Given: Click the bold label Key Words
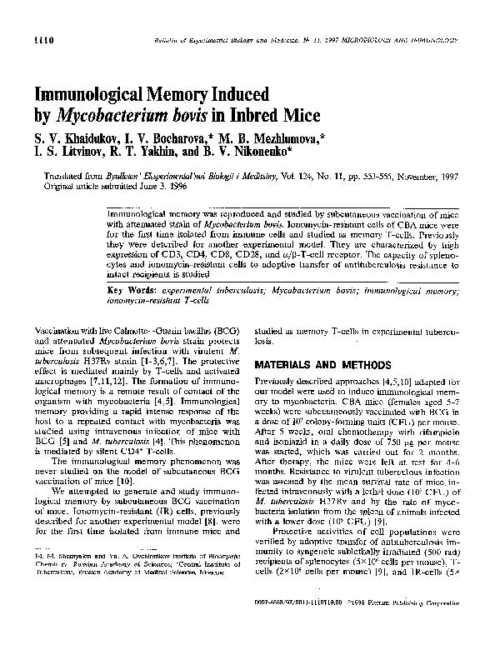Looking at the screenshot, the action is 136,289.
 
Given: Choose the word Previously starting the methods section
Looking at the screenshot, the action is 279,380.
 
